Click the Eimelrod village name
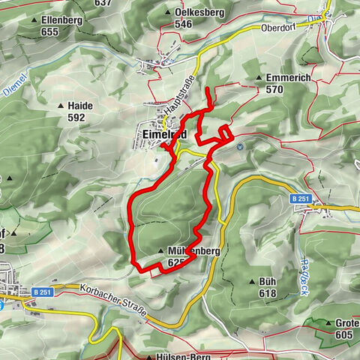coord(163,134)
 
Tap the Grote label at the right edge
coord(346,323)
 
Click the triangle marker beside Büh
coord(251,281)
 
